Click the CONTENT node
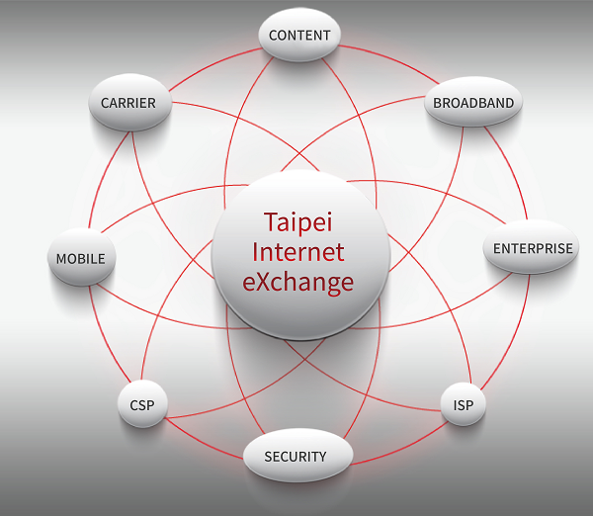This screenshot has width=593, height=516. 299,36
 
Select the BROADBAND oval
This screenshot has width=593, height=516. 474,103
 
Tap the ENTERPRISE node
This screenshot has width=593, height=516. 533,248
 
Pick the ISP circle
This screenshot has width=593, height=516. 464,404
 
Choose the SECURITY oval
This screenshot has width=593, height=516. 295,457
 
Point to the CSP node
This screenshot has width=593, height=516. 142,405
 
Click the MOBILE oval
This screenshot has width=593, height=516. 80,259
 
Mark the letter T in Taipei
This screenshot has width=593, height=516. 270,220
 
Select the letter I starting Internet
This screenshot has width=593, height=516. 256,251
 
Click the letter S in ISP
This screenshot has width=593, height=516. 464,404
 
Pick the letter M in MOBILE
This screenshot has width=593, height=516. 61,259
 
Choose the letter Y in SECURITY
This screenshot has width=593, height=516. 320,457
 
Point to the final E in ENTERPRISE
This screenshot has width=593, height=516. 569,248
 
